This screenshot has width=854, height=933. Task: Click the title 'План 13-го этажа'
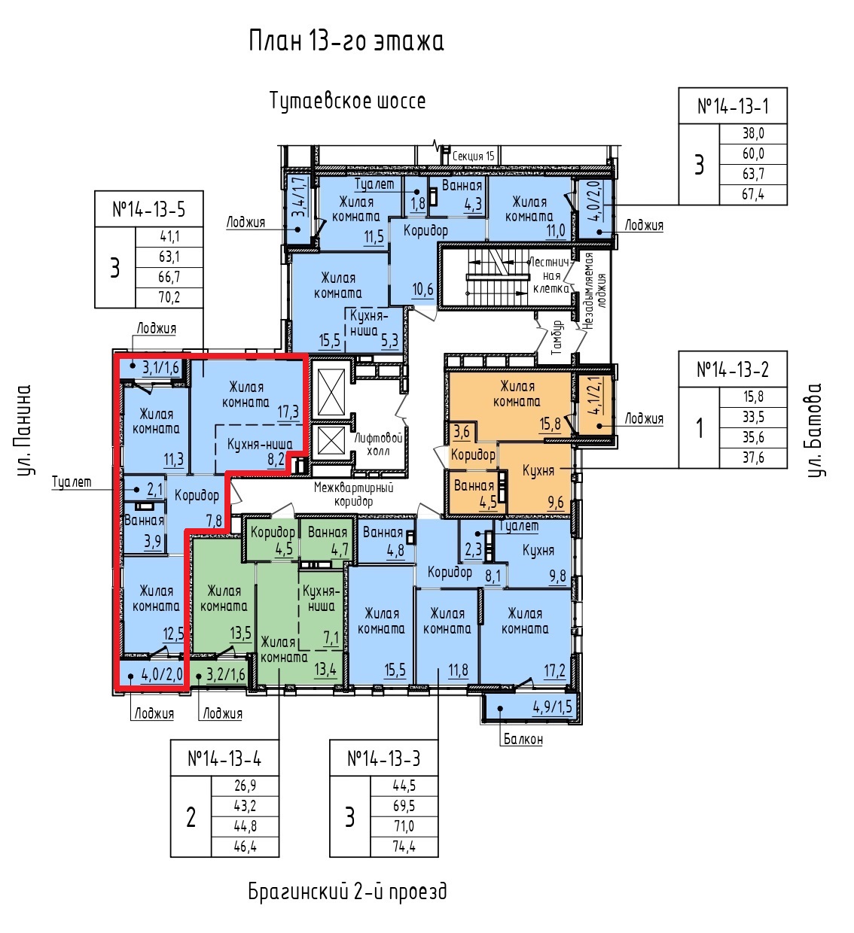click(346, 41)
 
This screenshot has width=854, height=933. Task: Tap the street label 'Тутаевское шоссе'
click(347, 101)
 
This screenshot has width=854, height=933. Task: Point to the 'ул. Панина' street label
click(24, 430)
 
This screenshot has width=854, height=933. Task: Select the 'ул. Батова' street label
click(815, 430)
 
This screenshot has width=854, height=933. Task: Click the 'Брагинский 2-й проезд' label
click(347, 892)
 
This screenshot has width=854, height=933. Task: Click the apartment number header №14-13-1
click(733, 107)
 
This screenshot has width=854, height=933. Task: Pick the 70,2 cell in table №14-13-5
click(169, 297)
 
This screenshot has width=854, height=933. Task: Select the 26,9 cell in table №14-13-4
click(245, 786)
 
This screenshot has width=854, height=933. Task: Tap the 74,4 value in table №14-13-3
click(404, 846)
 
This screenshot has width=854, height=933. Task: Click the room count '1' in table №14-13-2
click(699, 428)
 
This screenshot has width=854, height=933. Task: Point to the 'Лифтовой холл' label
click(378, 444)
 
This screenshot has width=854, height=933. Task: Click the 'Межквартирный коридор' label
click(353, 494)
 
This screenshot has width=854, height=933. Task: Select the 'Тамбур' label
click(557, 338)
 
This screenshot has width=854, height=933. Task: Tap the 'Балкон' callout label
click(523, 740)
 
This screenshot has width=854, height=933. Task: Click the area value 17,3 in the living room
click(288, 412)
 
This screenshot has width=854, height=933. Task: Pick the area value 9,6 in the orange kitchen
click(556, 503)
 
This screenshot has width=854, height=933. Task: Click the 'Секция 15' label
click(473, 156)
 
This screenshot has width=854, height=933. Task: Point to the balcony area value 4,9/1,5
click(552, 707)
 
